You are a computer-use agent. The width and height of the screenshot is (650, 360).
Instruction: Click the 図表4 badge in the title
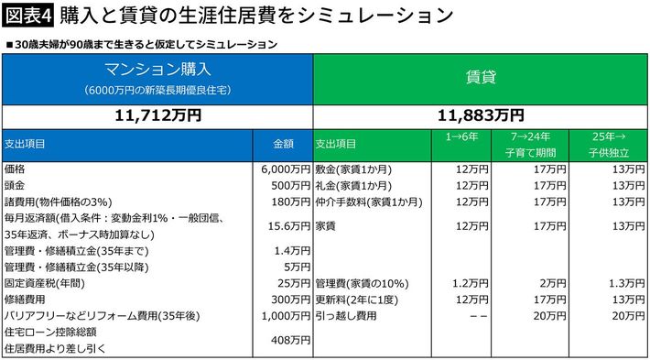(27, 16)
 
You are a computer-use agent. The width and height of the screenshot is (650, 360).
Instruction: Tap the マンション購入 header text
(157, 70)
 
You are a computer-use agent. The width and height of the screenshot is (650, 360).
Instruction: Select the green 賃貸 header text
(481, 77)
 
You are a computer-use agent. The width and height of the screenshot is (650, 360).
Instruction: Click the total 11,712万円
(157, 116)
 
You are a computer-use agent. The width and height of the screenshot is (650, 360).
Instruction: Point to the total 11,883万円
(481, 116)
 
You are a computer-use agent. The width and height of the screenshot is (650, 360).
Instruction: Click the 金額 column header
(283, 145)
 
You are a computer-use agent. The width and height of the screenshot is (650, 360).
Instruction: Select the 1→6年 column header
(461, 136)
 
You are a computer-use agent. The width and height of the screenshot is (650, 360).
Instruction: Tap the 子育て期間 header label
(530, 153)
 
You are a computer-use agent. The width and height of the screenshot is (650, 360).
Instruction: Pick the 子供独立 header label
(609, 153)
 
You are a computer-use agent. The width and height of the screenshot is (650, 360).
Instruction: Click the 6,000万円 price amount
(286, 169)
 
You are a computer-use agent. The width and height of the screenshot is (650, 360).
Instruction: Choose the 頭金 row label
(13, 185)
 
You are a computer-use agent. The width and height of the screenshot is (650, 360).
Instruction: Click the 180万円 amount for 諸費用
(290, 202)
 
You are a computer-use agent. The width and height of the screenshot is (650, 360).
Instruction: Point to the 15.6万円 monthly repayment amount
(289, 226)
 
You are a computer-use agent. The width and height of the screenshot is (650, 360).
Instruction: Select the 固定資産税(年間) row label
(45, 284)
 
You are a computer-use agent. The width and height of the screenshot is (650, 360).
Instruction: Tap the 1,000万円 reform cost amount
(286, 316)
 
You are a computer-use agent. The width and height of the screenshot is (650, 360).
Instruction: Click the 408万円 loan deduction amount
(290, 341)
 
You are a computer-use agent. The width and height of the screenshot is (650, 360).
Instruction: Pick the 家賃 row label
(325, 226)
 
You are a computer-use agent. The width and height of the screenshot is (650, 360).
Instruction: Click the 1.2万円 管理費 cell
(472, 284)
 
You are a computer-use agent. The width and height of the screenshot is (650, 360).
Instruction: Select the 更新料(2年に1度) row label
(359, 300)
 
